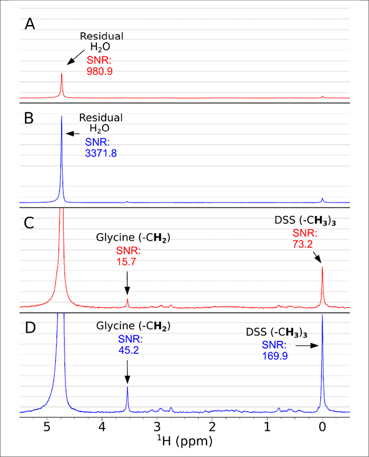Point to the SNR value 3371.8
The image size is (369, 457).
click(101, 153)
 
